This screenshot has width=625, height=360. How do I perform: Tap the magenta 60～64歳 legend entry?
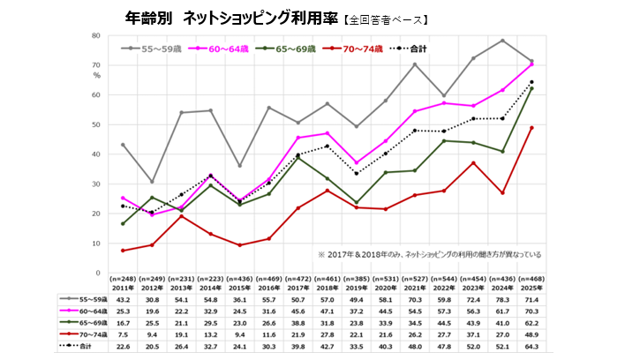[x=225, y=49]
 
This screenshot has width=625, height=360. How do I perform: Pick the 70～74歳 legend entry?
[x=358, y=49]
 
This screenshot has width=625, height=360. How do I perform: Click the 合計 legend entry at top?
[x=414, y=49]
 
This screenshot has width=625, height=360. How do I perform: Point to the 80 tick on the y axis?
[x=95, y=35]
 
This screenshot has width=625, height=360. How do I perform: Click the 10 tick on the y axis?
[x=95, y=243]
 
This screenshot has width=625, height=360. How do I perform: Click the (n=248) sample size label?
[x=123, y=280]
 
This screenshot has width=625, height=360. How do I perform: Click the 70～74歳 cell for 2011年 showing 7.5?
[x=123, y=335]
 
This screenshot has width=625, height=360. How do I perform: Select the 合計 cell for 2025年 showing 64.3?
[x=531, y=347]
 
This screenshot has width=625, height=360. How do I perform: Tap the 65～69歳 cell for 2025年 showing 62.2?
[x=531, y=324]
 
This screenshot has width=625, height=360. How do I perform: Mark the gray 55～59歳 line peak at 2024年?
[x=502, y=41]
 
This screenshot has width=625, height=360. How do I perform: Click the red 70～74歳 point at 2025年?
[x=531, y=127]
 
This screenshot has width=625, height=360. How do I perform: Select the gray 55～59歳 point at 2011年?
[x=123, y=145]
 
